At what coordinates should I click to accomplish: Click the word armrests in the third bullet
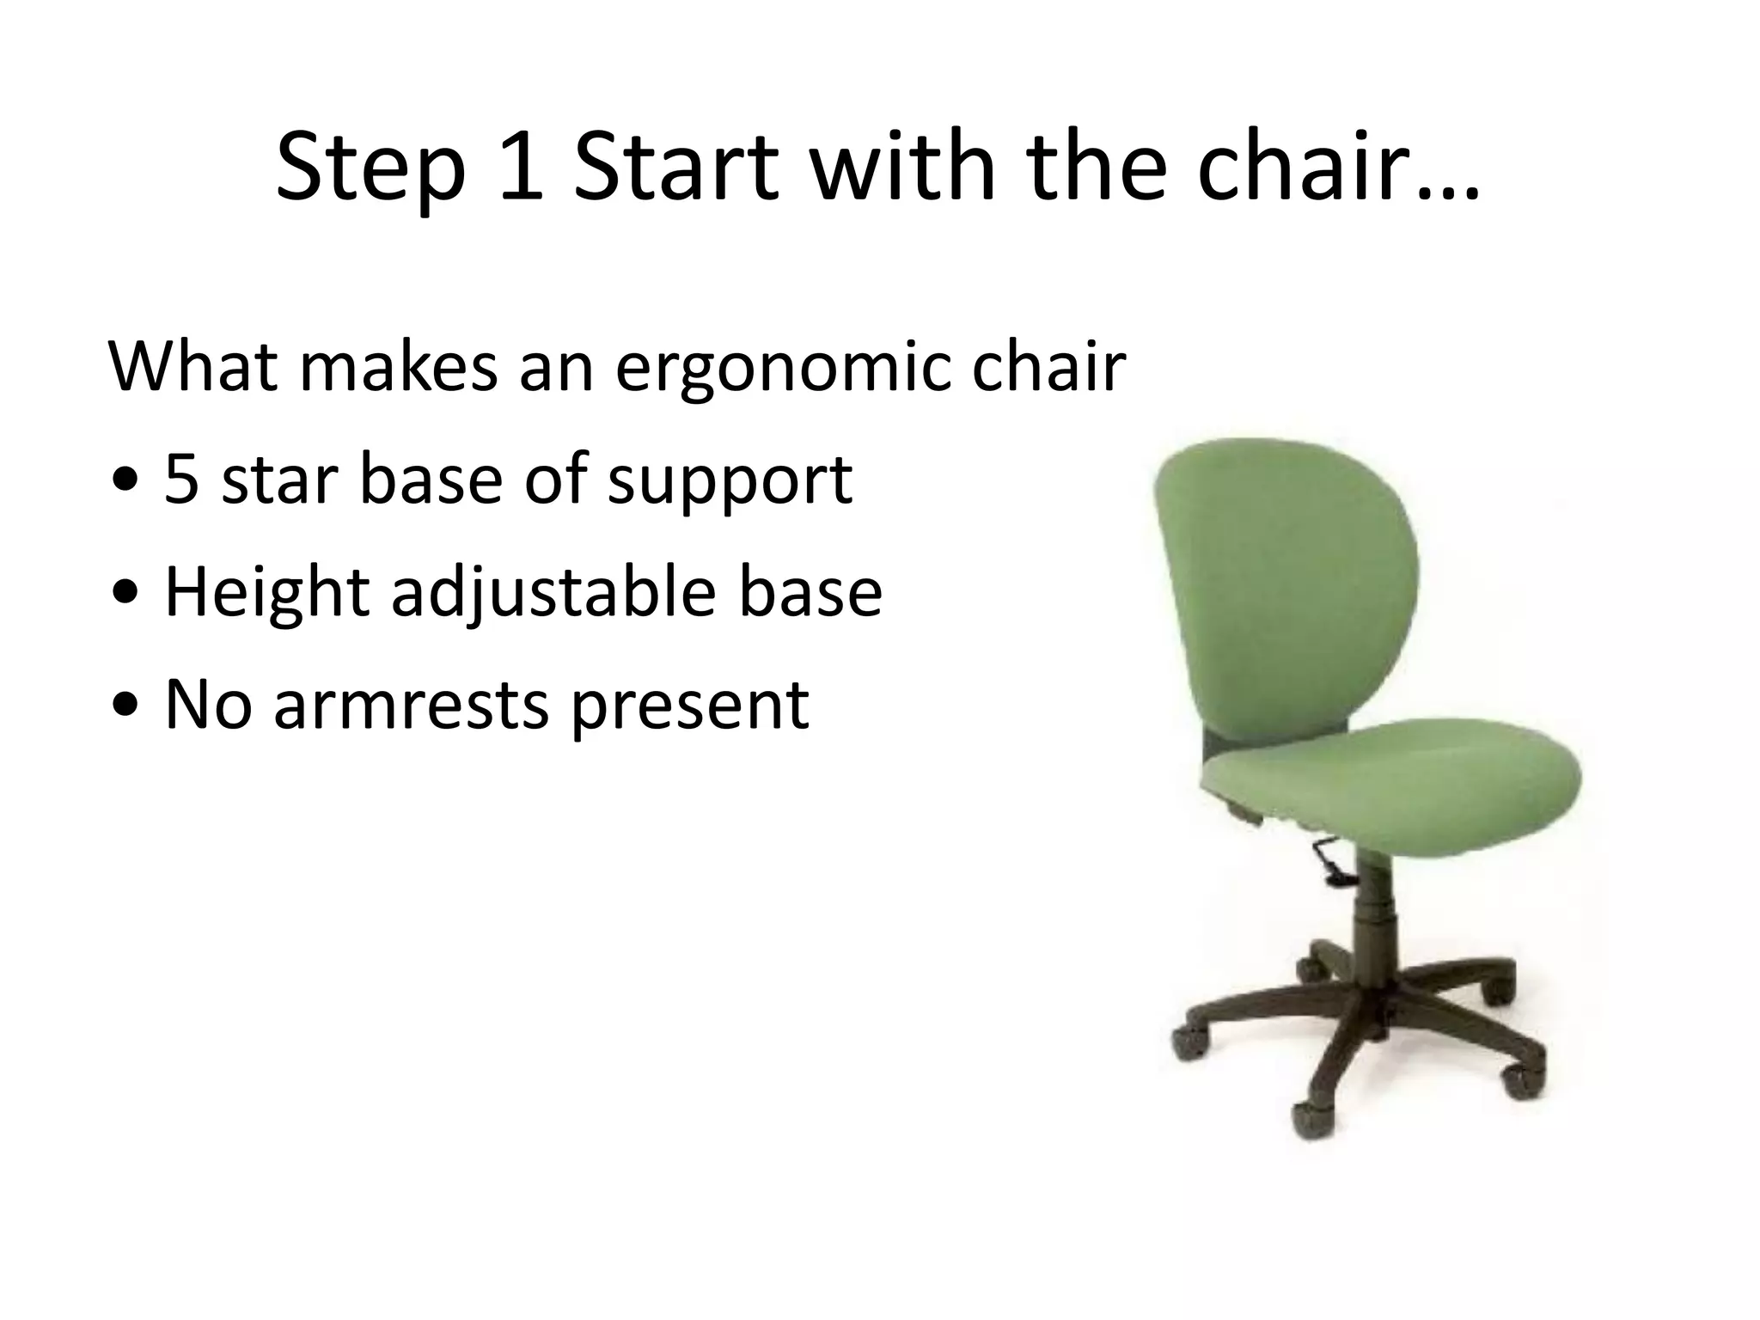[x=411, y=705]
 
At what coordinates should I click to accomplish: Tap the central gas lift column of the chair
[x=1375, y=928]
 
